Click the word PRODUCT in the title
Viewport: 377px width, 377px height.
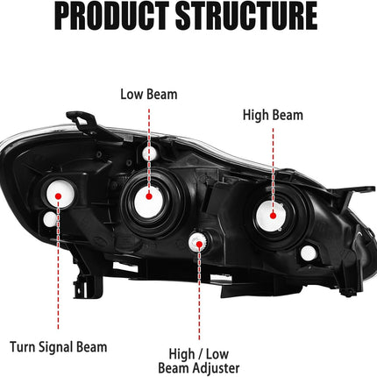[x=111, y=16]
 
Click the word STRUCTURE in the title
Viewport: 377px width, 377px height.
[x=246, y=16]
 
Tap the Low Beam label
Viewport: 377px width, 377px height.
[x=149, y=95]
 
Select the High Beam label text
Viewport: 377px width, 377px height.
[x=273, y=115]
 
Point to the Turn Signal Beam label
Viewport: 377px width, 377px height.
[x=59, y=347]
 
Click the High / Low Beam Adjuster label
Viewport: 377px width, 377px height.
[x=199, y=361]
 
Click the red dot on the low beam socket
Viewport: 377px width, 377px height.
[x=149, y=196]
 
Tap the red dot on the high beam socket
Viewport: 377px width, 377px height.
[x=274, y=216]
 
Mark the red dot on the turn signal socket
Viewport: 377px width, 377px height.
[x=58, y=196]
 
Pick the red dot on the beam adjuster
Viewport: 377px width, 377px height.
[x=199, y=245]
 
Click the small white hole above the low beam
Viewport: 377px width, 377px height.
[x=148, y=153]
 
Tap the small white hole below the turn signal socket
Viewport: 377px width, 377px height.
[x=50, y=219]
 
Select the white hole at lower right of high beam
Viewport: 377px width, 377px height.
[x=309, y=253]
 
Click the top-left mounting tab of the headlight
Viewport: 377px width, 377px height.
[x=81, y=120]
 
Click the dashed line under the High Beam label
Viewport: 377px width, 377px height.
[x=274, y=170]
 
